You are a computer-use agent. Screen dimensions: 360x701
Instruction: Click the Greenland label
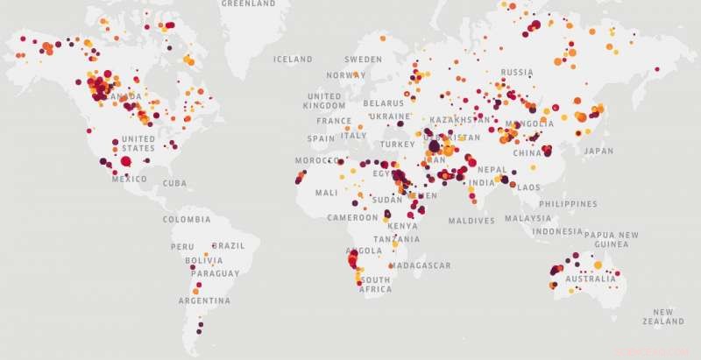pos(248,4)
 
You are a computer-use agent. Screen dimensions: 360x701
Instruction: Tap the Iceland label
pos(293,60)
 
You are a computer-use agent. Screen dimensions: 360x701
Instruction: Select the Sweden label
pos(363,60)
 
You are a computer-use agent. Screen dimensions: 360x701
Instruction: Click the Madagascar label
pos(420,265)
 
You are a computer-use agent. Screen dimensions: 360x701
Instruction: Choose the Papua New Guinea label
pos(611,239)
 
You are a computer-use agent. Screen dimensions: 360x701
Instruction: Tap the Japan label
pos(599,151)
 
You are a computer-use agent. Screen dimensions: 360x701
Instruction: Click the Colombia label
pos(187,220)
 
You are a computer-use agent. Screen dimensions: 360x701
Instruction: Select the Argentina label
pos(204,300)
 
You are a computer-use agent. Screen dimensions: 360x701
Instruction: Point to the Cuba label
pos(175,183)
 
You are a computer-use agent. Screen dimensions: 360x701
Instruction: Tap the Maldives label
pos(471,221)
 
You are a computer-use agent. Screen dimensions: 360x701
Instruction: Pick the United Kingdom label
pos(324,101)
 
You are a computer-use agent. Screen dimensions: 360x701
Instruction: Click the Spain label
pos(322,138)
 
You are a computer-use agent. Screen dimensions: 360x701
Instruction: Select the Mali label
pos(326,193)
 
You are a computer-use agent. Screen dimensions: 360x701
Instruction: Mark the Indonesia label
pos(556,232)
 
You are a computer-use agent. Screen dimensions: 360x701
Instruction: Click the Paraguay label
pos(215,273)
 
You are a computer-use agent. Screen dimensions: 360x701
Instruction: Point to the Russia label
pos(517,72)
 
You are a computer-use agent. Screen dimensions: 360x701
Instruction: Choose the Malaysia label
pos(528,218)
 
